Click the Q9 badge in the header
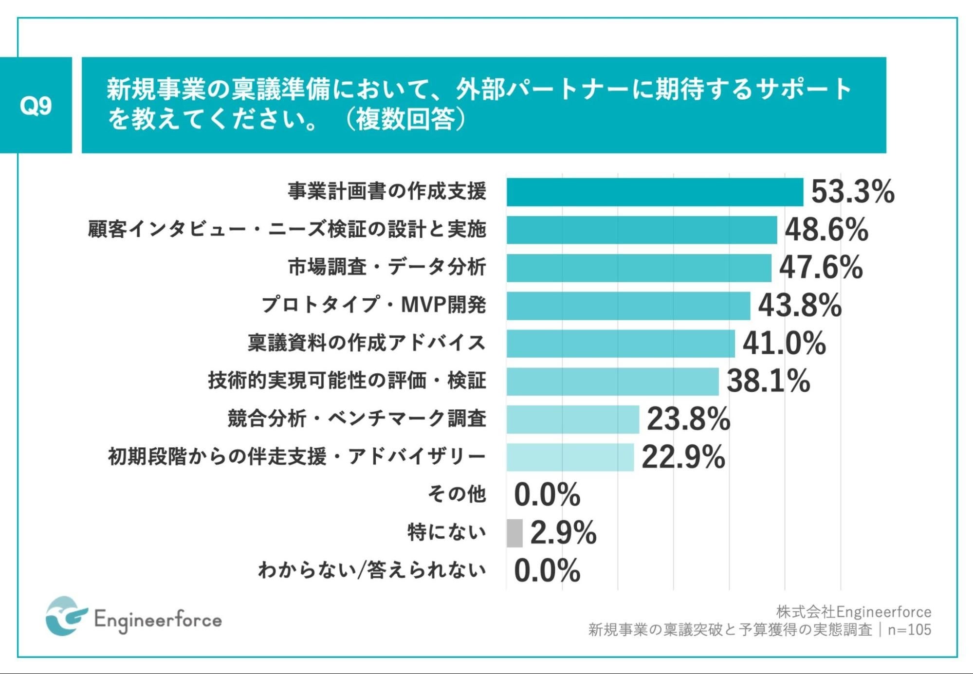[36, 105]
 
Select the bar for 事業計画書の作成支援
[654, 192]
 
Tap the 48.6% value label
[826, 230]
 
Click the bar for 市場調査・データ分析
[639, 268]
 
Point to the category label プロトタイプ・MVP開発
[373, 305]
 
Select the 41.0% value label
[784, 343]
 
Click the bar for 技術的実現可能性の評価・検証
[612, 381]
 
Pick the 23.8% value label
[688, 419]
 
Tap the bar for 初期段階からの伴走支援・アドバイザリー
[570, 457]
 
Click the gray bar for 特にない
[514, 533]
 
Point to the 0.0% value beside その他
[547, 495]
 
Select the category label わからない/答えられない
[372, 570]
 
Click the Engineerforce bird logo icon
[66, 616]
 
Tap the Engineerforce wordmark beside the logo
[158, 620]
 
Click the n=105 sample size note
[909, 630]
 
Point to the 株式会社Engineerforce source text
[853, 611]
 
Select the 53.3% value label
[852, 192]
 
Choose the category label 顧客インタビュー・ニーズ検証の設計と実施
[287, 229]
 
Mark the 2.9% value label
[563, 533]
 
